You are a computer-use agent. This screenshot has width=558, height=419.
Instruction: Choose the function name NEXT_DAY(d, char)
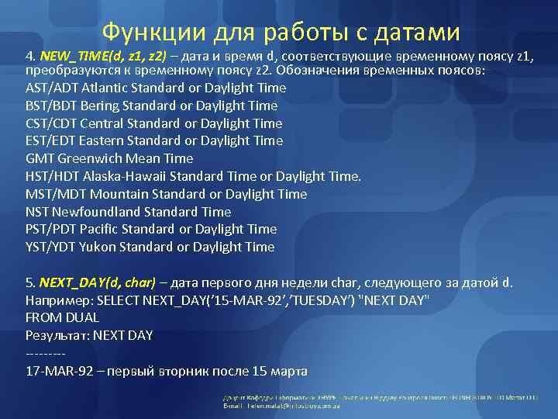[98, 282]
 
